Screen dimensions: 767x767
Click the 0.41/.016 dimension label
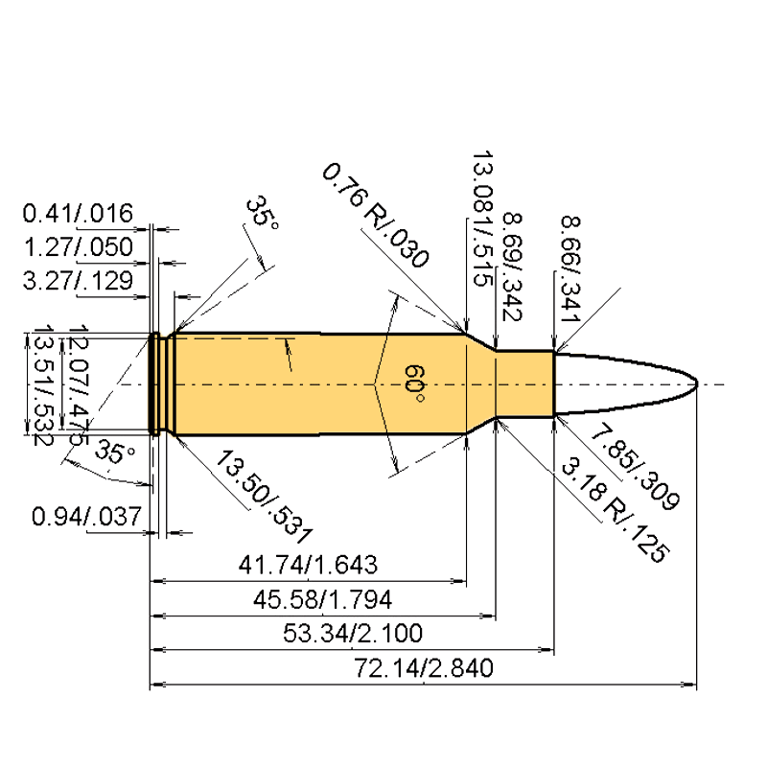(78, 214)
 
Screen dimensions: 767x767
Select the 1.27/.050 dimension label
(79, 247)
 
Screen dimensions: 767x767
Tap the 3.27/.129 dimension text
(78, 281)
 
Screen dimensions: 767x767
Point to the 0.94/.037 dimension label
(86, 517)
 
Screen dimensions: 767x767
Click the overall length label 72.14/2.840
(424, 668)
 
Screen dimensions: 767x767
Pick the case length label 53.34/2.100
(353, 634)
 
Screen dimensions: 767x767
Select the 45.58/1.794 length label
(322, 600)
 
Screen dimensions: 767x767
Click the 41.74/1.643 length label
(308, 565)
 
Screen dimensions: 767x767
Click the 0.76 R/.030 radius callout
(375, 216)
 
